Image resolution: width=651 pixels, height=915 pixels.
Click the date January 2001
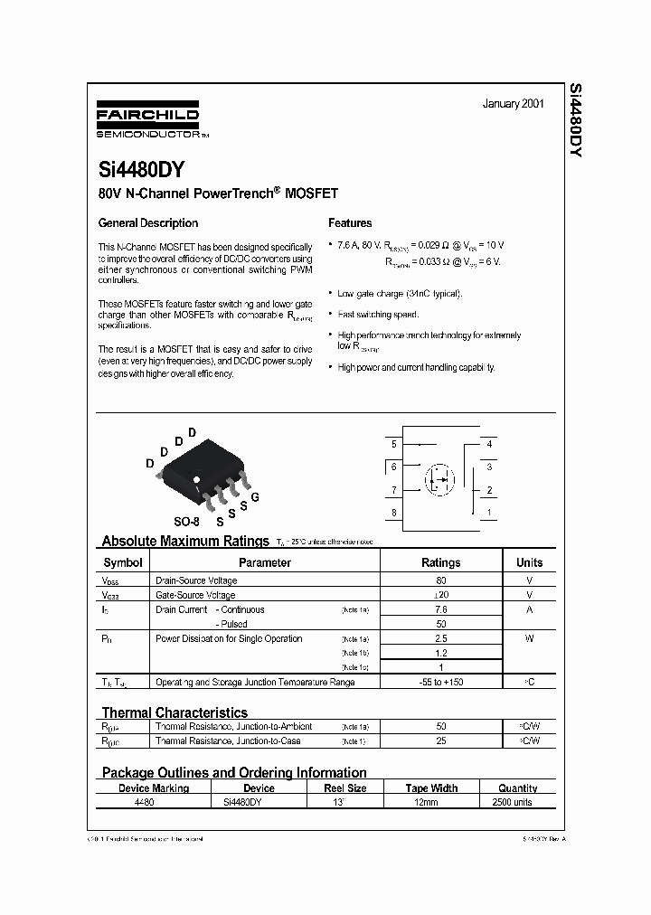coord(513,104)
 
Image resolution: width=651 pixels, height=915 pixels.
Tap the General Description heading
coord(147,223)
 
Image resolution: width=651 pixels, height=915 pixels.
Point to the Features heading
coord(350,223)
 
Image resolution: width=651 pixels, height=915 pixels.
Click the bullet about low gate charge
coord(400,294)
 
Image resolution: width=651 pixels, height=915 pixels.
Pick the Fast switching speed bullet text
coord(378,315)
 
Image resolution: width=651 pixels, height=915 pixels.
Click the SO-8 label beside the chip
coord(187,522)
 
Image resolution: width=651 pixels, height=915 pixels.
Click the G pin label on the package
coord(255,497)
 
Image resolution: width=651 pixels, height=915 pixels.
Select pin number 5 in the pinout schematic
coord(393,445)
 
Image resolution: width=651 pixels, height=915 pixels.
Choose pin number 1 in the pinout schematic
coord(489,513)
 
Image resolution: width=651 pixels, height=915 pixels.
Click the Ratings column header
coord(441,562)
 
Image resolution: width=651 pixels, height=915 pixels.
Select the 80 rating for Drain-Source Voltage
coord(441,580)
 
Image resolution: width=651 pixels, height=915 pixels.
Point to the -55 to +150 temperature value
coord(441,682)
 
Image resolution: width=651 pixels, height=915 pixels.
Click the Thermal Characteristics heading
coord(175,712)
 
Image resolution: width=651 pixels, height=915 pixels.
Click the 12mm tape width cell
coord(430,802)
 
